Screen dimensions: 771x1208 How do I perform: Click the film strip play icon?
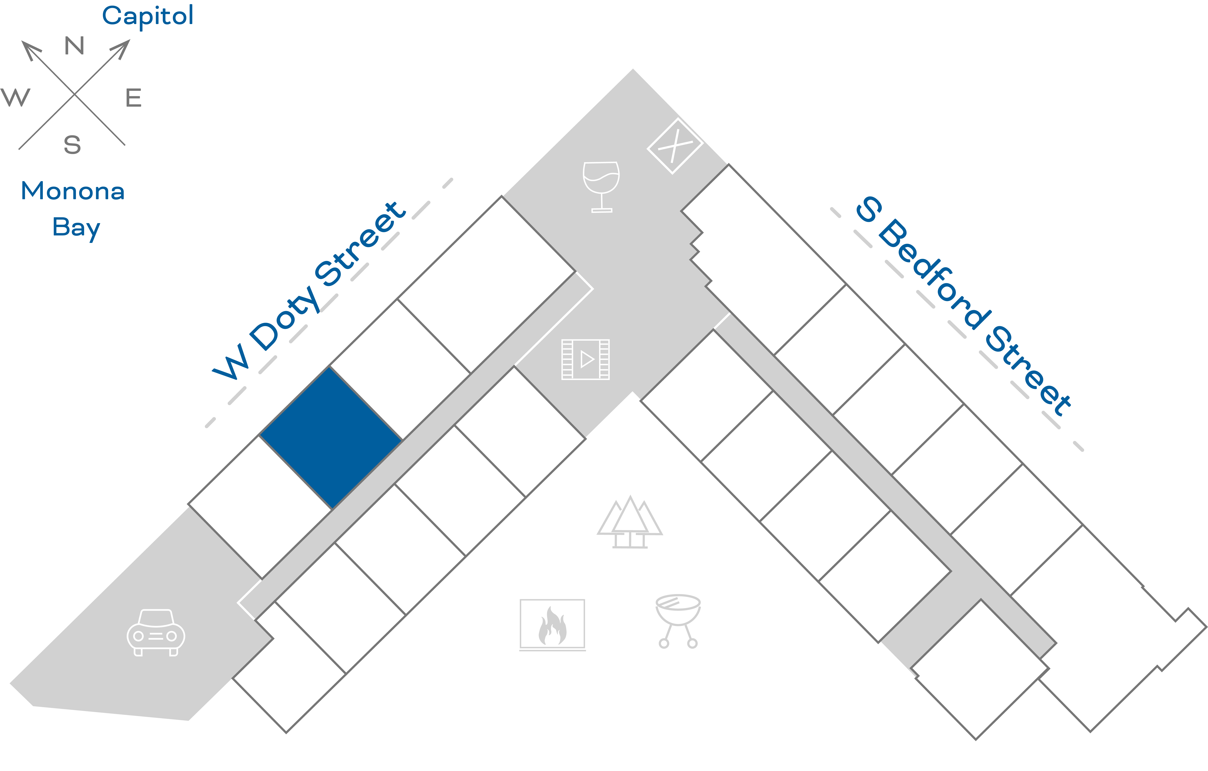[585, 359]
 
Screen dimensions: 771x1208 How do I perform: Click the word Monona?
[73, 191]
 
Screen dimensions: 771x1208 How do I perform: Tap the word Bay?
[76, 227]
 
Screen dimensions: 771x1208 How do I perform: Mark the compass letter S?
[72, 144]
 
